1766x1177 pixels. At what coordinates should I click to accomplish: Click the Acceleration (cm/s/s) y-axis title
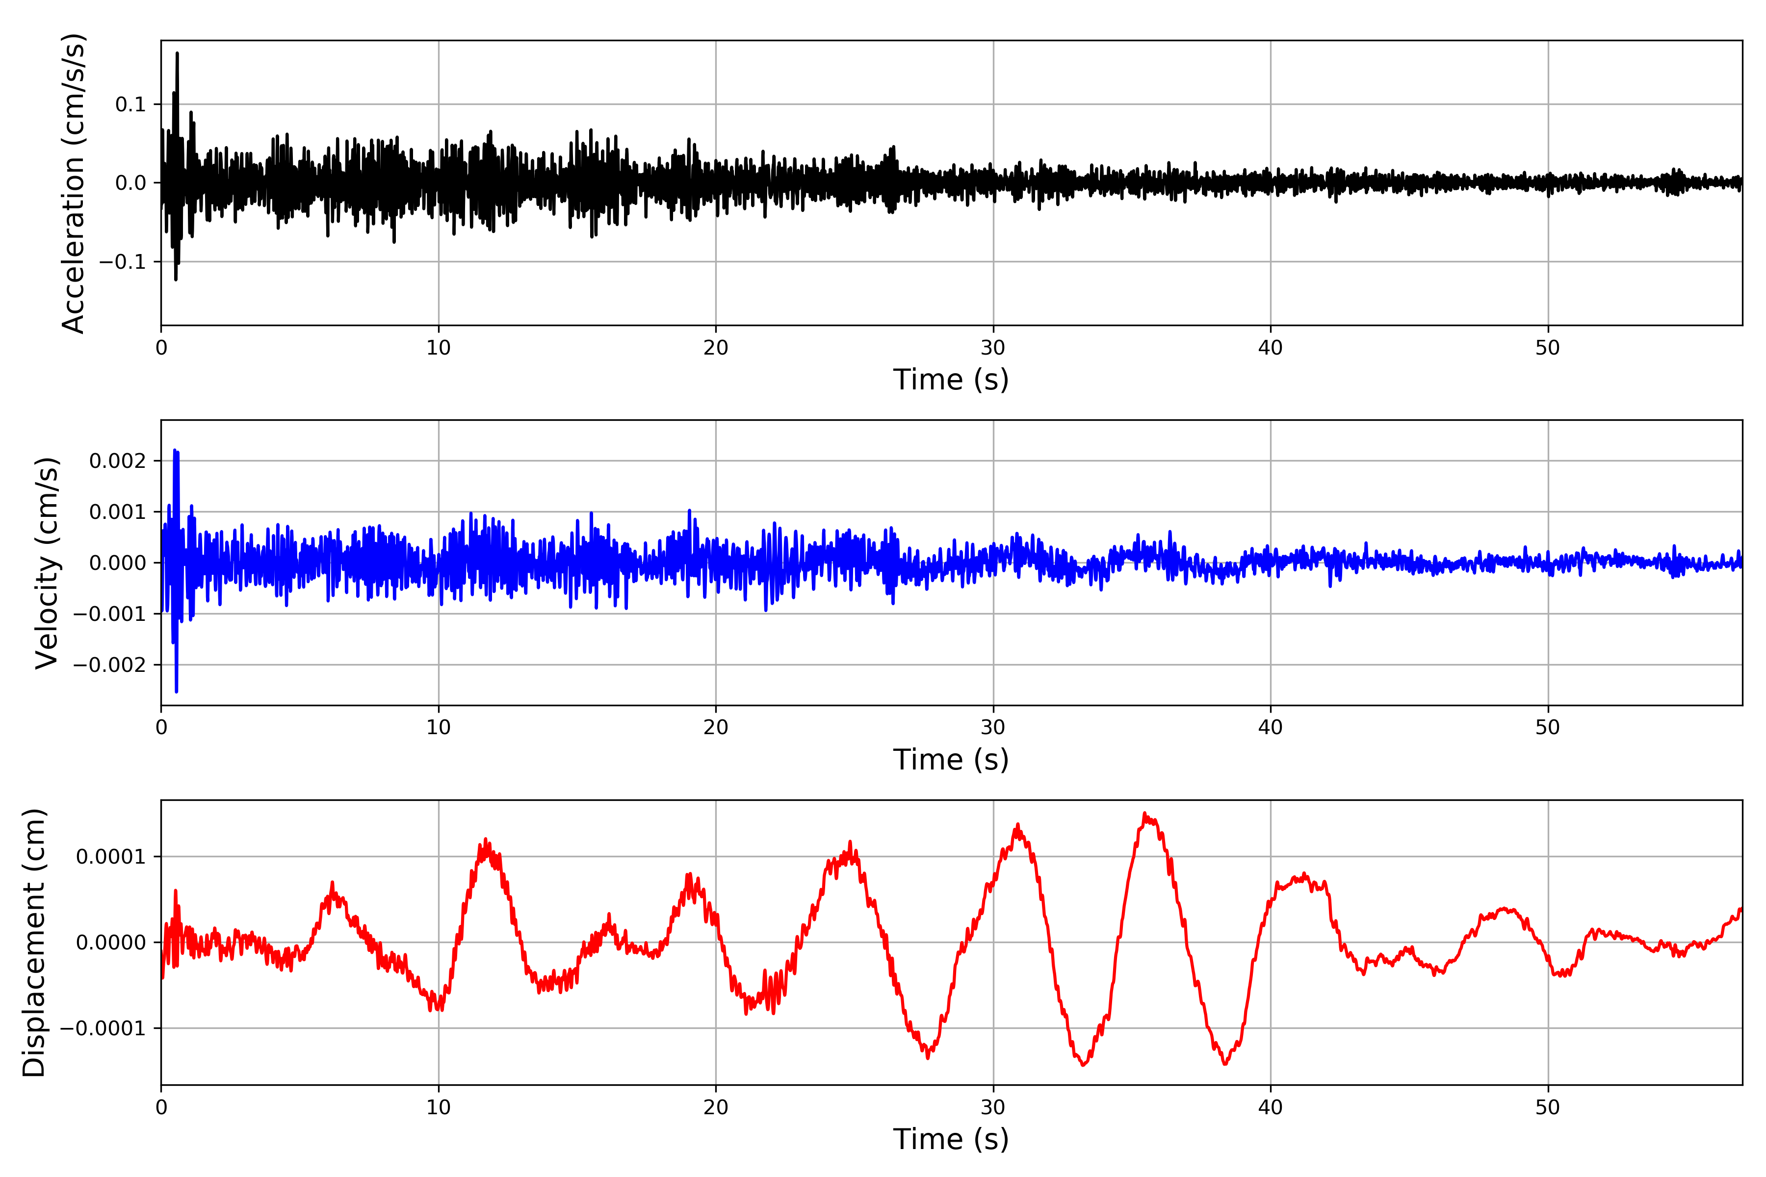(x=74, y=183)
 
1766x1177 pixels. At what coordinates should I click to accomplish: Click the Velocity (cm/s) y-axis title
(x=47, y=563)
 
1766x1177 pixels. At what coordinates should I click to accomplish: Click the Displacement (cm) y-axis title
(x=34, y=943)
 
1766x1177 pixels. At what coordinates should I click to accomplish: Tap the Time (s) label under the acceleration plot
(x=951, y=380)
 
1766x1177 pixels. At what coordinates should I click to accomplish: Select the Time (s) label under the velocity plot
(x=951, y=760)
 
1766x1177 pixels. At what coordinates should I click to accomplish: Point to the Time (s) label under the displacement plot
(x=951, y=1139)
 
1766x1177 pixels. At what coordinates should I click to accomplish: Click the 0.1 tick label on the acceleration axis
(x=130, y=104)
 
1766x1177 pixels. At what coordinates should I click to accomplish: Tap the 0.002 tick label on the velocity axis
(x=117, y=461)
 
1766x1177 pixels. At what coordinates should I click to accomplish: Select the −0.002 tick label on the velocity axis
(x=109, y=665)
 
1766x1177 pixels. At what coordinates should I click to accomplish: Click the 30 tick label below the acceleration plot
(x=992, y=348)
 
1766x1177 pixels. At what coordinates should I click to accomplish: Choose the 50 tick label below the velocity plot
(x=1548, y=727)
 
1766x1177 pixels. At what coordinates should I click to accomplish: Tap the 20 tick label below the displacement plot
(x=716, y=1107)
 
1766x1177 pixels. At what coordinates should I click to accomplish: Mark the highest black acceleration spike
(x=177, y=53)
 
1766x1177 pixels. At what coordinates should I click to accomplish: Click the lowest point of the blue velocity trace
(x=177, y=691)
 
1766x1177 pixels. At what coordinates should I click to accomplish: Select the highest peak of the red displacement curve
(x=1144, y=814)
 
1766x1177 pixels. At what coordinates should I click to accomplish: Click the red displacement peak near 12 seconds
(x=486, y=840)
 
